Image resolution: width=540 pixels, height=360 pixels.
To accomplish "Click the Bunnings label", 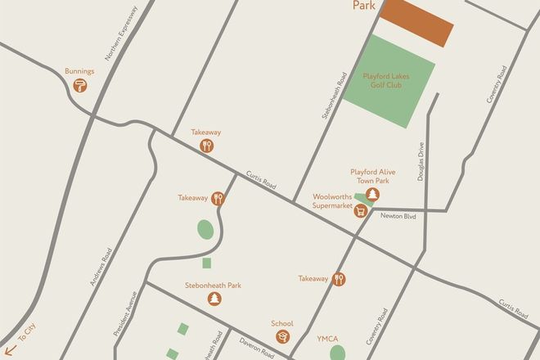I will pyautogui.click(x=80, y=71).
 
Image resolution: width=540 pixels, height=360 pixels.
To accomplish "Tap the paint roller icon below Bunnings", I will pyautogui.click(x=80, y=85).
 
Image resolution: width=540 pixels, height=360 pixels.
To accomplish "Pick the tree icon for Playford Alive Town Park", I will pyautogui.click(x=373, y=194).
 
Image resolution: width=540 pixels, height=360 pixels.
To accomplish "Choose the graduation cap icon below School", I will pyautogui.click(x=282, y=335).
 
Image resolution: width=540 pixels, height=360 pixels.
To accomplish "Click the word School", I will pyautogui.click(x=282, y=322).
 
